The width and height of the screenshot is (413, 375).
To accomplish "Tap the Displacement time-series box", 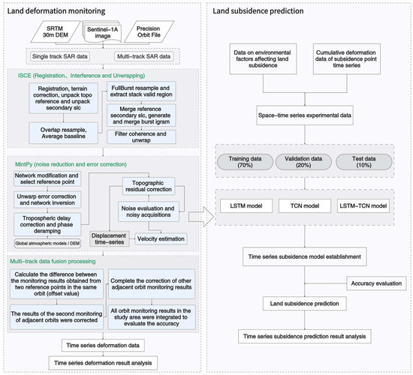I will coord(110,238).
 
